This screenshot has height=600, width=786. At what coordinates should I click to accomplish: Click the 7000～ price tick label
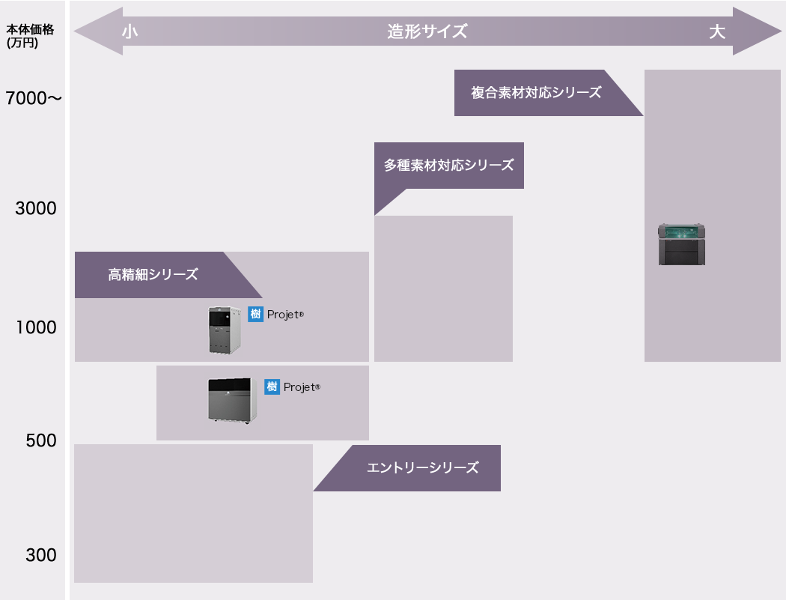[x=34, y=98]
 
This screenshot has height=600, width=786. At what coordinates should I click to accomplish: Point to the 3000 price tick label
[x=36, y=208]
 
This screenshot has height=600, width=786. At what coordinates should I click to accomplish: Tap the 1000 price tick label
[x=36, y=327]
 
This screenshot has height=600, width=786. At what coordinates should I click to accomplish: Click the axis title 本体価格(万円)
[x=22, y=36]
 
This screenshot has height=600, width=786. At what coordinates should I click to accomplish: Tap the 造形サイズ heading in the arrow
[x=427, y=31]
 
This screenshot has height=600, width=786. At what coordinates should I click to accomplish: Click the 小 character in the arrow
[x=130, y=31]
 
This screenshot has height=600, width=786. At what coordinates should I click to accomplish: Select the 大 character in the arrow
[x=717, y=31]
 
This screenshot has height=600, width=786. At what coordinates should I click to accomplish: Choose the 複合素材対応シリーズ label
[x=536, y=93]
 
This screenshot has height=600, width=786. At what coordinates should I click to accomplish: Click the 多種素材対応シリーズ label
[x=449, y=166]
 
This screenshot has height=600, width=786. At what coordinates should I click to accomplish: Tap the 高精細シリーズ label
[x=153, y=275]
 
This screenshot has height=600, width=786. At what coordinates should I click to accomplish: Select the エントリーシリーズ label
[x=422, y=468]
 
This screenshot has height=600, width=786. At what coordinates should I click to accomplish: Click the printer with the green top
[x=681, y=244]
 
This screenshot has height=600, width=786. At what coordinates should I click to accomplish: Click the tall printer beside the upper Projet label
[x=225, y=330]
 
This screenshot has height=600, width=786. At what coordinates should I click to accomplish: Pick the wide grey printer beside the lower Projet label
[x=232, y=400]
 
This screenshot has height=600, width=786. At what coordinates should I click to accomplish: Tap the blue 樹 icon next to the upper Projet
[x=255, y=315]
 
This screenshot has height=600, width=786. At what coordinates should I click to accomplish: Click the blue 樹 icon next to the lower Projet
[x=272, y=387]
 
